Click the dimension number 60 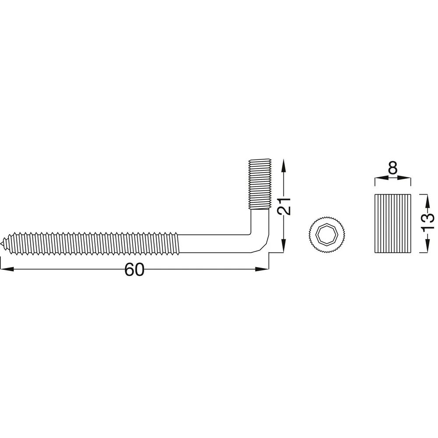coord(134,270)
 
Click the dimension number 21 coord(284,206)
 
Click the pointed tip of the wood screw coord(2,243)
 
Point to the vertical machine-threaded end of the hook coord(260,184)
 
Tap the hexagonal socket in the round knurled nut coord(326,234)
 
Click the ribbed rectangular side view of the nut coord(393,223)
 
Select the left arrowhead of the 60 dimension coord(7,269)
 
